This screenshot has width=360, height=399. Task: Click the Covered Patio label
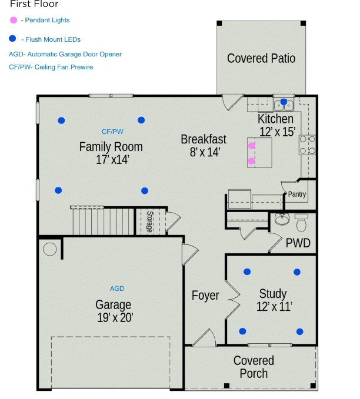(261, 58)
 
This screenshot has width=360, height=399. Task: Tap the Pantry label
(297, 195)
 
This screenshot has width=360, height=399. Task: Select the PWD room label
(298, 243)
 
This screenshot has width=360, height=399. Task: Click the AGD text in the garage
(117, 289)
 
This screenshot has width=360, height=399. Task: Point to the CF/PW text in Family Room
(112, 132)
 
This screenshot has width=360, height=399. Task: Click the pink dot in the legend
(14, 20)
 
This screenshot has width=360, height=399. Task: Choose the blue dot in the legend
(14, 39)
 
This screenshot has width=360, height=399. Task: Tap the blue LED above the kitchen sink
(284, 102)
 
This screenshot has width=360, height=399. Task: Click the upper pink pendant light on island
(252, 145)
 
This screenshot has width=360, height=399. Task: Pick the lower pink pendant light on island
(252, 160)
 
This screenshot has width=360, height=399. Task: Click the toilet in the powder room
(301, 223)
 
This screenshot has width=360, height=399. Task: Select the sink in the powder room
(281, 220)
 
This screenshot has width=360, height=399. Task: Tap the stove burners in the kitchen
(308, 145)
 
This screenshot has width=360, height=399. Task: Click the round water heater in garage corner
(50, 249)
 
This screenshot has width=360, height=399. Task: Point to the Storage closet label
(149, 222)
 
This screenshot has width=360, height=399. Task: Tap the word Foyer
(205, 296)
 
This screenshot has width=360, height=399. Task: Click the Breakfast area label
(204, 139)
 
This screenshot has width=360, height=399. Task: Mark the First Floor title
(34, 4)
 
